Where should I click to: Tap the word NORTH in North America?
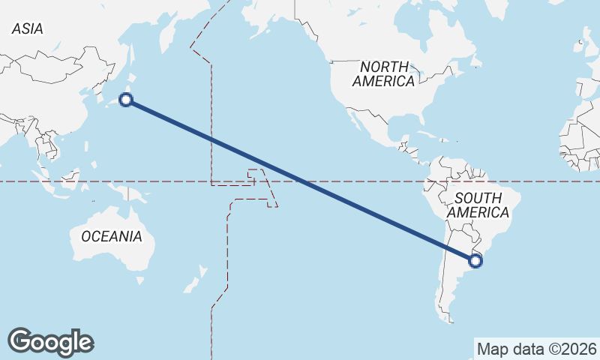(384, 67)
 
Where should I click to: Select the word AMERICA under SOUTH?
(478, 212)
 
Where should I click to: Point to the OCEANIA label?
(111, 236)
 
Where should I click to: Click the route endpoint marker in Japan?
(127, 100)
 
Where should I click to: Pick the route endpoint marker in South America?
(475, 260)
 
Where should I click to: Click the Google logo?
(50, 342)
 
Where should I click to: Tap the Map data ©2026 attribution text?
(536, 349)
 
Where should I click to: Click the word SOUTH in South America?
(478, 198)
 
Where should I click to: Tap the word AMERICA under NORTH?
(384, 81)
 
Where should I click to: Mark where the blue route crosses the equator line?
(301, 181)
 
